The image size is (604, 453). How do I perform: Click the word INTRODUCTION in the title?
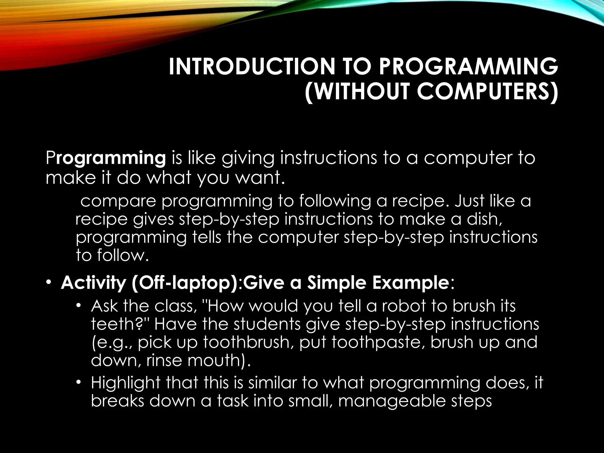(x=252, y=67)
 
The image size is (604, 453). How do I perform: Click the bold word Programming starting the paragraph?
(x=106, y=158)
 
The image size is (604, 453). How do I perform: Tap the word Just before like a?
(x=469, y=201)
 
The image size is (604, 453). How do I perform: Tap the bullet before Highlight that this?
(x=78, y=382)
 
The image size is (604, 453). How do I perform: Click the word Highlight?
(x=125, y=383)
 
